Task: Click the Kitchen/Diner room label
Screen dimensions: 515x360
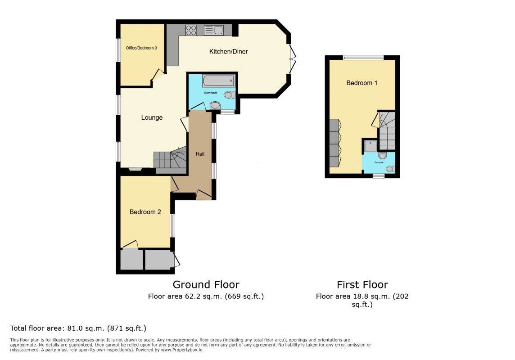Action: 228,51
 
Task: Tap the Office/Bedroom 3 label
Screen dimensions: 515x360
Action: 141,48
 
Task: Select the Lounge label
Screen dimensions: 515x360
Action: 152,117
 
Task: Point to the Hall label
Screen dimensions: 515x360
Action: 200,154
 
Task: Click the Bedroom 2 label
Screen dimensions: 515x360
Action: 145,212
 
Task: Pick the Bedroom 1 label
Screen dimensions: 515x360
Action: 361,83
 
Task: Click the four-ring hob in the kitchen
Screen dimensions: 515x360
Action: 191,30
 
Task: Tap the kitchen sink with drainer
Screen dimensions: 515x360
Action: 213,30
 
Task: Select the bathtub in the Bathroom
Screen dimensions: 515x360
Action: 218,81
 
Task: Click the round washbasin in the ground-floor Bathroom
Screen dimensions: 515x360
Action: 215,105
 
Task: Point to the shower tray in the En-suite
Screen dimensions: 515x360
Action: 370,146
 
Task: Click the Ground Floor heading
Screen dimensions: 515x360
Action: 206,284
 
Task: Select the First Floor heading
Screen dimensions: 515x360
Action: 362,284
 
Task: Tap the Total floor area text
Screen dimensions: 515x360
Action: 78,328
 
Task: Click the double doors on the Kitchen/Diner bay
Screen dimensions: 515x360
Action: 292,59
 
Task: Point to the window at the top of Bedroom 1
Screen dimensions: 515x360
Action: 363,58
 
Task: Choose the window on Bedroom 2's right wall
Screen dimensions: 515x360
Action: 172,225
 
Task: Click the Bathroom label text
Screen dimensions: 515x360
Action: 211,93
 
